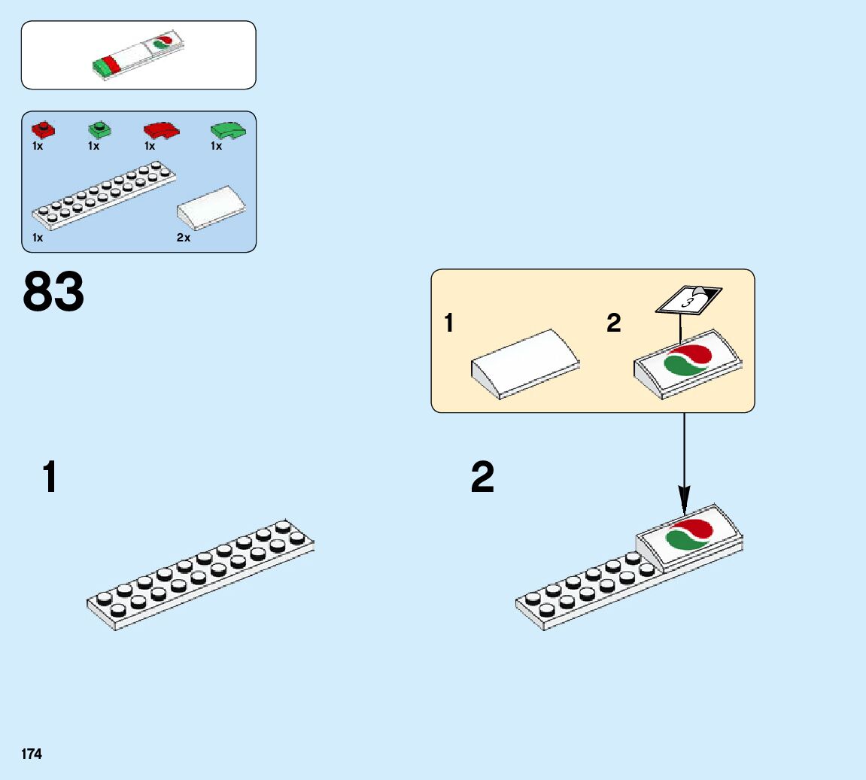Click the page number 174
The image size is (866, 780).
(x=32, y=754)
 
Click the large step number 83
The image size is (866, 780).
(x=53, y=293)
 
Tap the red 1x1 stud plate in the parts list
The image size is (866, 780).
(x=44, y=129)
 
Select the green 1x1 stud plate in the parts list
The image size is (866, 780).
(x=99, y=129)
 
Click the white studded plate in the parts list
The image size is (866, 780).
(x=105, y=196)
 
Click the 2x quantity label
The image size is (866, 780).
(x=184, y=238)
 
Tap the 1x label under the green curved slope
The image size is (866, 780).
(x=217, y=147)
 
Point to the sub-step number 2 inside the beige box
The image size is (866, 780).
(x=614, y=323)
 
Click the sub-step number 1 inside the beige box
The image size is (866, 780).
(x=449, y=323)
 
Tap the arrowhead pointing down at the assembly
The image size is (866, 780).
(x=684, y=498)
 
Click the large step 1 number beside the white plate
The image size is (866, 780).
(x=50, y=478)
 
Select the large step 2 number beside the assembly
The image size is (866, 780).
(x=482, y=478)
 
